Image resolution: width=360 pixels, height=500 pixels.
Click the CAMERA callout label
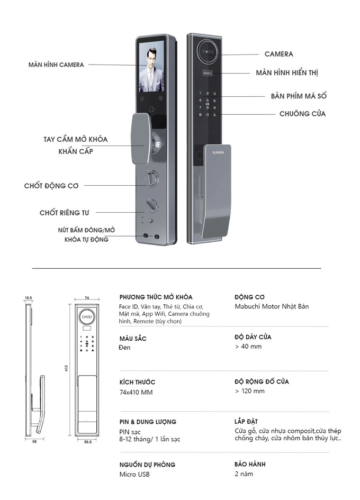(278, 54)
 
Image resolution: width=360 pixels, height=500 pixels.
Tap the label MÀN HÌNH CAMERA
(56, 65)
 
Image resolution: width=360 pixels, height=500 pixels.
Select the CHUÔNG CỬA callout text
(302, 114)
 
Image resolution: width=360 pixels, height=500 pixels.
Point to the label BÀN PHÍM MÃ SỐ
(299, 96)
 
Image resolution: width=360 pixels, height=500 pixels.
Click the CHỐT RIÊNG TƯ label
(64, 213)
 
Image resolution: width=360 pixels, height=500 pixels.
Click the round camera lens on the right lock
(208, 52)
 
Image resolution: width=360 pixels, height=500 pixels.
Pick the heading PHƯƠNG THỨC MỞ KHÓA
(156, 297)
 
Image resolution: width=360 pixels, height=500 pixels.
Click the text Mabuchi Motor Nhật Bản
(272, 307)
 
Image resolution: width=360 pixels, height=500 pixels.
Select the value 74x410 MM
(136, 393)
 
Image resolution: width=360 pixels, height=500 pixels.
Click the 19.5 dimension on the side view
(28, 298)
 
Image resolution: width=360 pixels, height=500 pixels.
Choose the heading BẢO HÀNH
(250, 465)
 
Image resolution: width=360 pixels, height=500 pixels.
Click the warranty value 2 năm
(244, 474)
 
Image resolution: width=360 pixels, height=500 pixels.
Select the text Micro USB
(134, 475)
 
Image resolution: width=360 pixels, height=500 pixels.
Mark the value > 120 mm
(249, 392)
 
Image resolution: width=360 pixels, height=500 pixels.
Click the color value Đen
(124, 348)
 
